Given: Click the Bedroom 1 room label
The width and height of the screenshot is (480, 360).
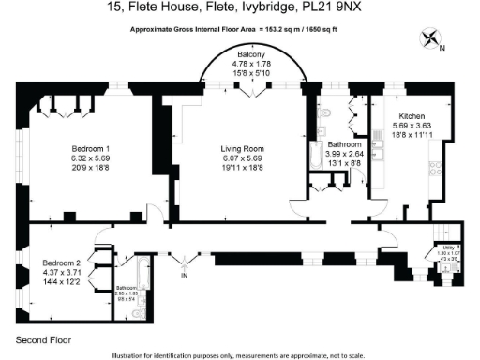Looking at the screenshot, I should (x=91, y=149).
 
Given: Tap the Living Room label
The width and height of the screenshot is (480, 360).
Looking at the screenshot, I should (x=240, y=149).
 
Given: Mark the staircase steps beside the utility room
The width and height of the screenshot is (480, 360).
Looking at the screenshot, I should (x=440, y=233).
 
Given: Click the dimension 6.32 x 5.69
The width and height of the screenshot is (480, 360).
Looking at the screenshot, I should (x=91, y=158).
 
